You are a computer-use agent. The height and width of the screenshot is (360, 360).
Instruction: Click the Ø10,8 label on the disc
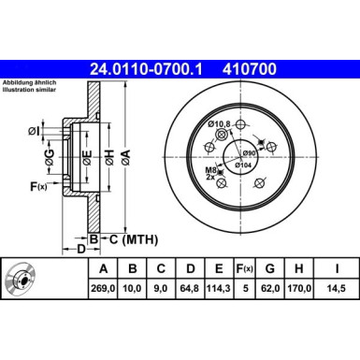tap(219, 124)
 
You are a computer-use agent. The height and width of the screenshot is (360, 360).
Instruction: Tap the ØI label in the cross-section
tap(35, 131)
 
